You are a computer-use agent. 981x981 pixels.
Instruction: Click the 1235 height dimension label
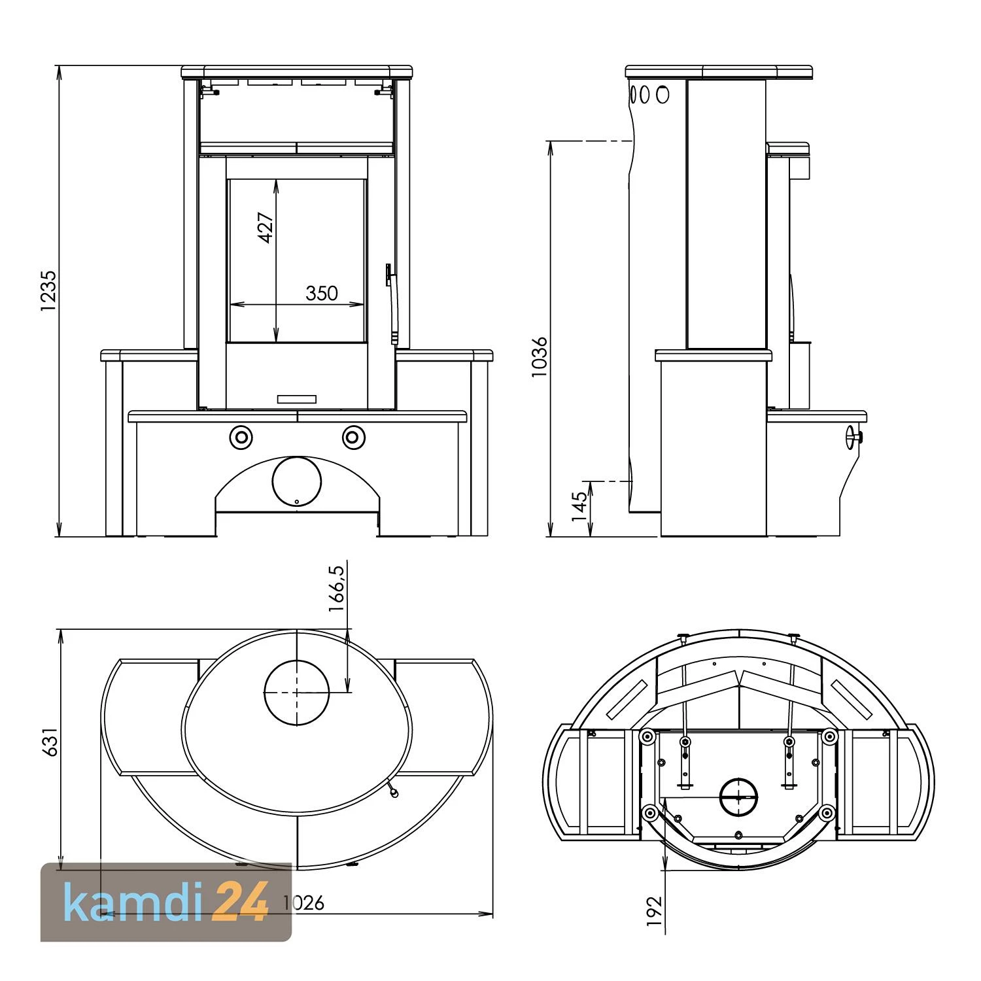(48, 291)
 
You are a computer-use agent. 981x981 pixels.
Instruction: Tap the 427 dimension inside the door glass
(266, 227)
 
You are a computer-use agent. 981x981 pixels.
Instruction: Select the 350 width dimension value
(322, 294)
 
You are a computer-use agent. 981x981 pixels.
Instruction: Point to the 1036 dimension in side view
(540, 357)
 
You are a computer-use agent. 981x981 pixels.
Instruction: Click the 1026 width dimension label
(303, 903)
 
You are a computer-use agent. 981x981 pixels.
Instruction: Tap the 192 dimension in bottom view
(653, 910)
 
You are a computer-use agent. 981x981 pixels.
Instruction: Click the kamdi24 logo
(166, 903)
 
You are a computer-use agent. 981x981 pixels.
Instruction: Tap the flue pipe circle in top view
(296, 693)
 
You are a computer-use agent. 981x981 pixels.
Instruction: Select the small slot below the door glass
(297, 399)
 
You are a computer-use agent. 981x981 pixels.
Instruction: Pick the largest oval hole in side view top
(663, 94)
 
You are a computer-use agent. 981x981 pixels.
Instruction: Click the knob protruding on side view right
(853, 437)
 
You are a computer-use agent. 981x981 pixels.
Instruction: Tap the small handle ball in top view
(394, 793)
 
